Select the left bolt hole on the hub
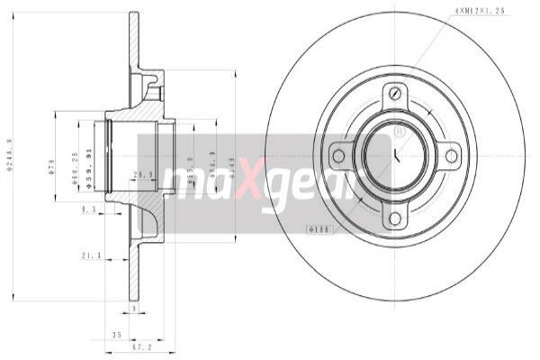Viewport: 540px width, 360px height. click(x=338, y=157)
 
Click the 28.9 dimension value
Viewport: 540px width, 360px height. click(x=140, y=173)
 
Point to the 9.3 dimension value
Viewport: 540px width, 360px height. click(x=88, y=210)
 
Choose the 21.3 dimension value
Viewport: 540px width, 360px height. click(x=90, y=256)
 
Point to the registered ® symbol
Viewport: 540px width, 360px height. click(x=400, y=132)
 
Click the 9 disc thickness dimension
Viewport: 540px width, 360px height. click(x=132, y=308)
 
